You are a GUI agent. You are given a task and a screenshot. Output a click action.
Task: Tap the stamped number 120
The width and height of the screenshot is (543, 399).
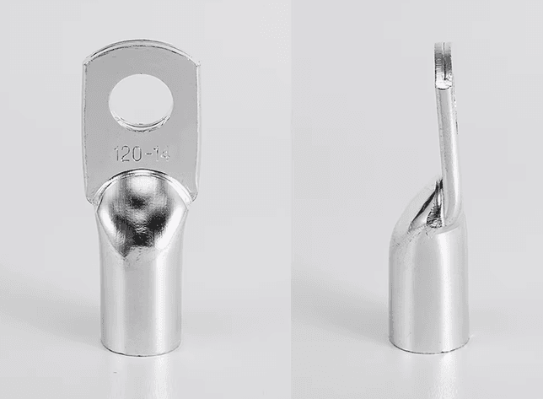[127, 154]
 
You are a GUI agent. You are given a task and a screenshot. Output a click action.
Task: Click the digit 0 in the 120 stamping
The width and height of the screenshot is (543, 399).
[136, 154]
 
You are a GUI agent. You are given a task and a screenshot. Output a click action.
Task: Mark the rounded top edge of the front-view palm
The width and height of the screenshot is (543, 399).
[142, 45]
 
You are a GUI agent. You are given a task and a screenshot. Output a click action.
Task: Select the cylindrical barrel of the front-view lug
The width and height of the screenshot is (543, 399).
[142, 294]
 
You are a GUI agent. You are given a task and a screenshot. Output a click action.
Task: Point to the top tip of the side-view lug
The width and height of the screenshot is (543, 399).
[443, 44]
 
